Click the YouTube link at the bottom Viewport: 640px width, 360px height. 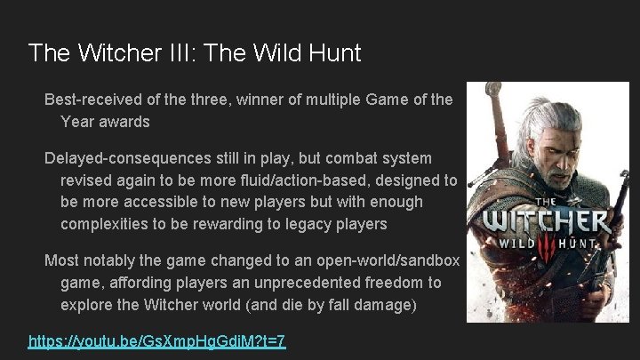[x=157, y=341]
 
